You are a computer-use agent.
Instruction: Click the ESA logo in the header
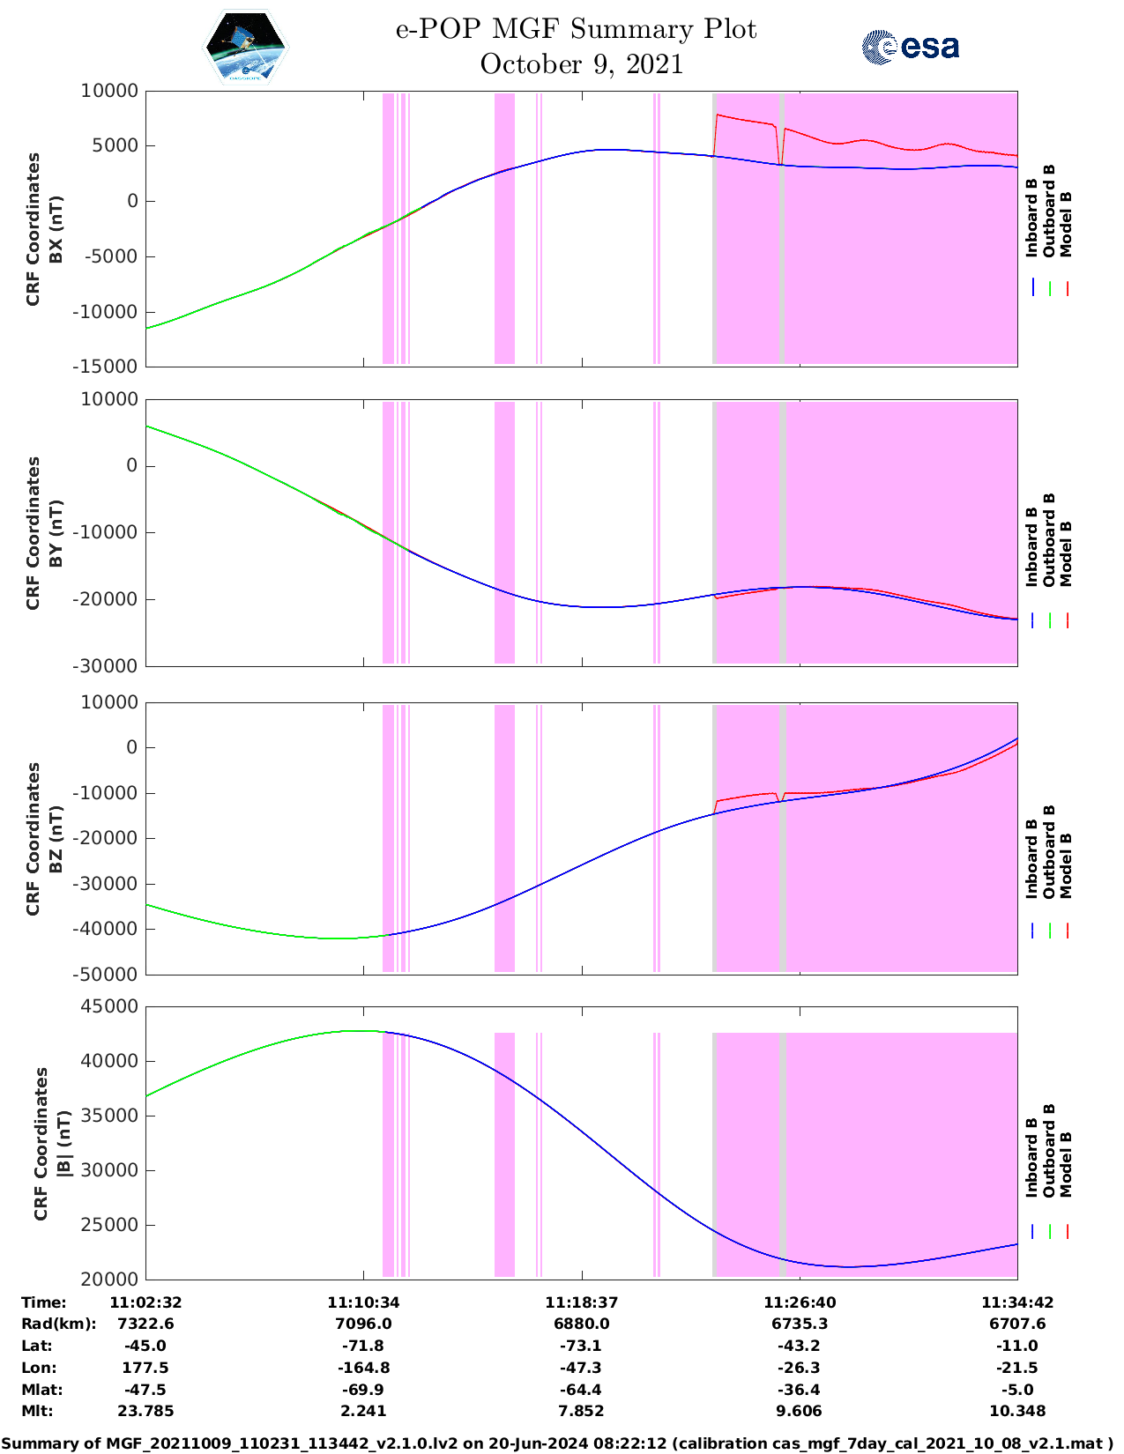click(x=910, y=47)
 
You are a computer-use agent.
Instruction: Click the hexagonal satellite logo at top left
click(x=245, y=47)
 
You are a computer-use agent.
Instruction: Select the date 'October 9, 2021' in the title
click(x=581, y=64)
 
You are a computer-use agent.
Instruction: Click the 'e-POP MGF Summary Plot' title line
click(x=576, y=29)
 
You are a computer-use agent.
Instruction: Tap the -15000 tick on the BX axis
click(x=109, y=367)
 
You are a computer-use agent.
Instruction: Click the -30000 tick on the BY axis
click(x=109, y=666)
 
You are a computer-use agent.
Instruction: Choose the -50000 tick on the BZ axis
click(x=109, y=975)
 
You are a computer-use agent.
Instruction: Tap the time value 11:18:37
click(x=581, y=1302)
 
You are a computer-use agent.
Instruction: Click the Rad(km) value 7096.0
click(x=363, y=1324)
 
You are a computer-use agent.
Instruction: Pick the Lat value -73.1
click(x=581, y=1346)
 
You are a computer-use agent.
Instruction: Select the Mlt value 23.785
click(x=145, y=1411)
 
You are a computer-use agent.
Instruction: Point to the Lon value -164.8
click(x=363, y=1368)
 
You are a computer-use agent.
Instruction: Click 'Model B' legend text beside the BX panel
click(x=1066, y=224)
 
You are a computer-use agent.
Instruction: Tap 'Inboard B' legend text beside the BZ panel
click(x=1031, y=859)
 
